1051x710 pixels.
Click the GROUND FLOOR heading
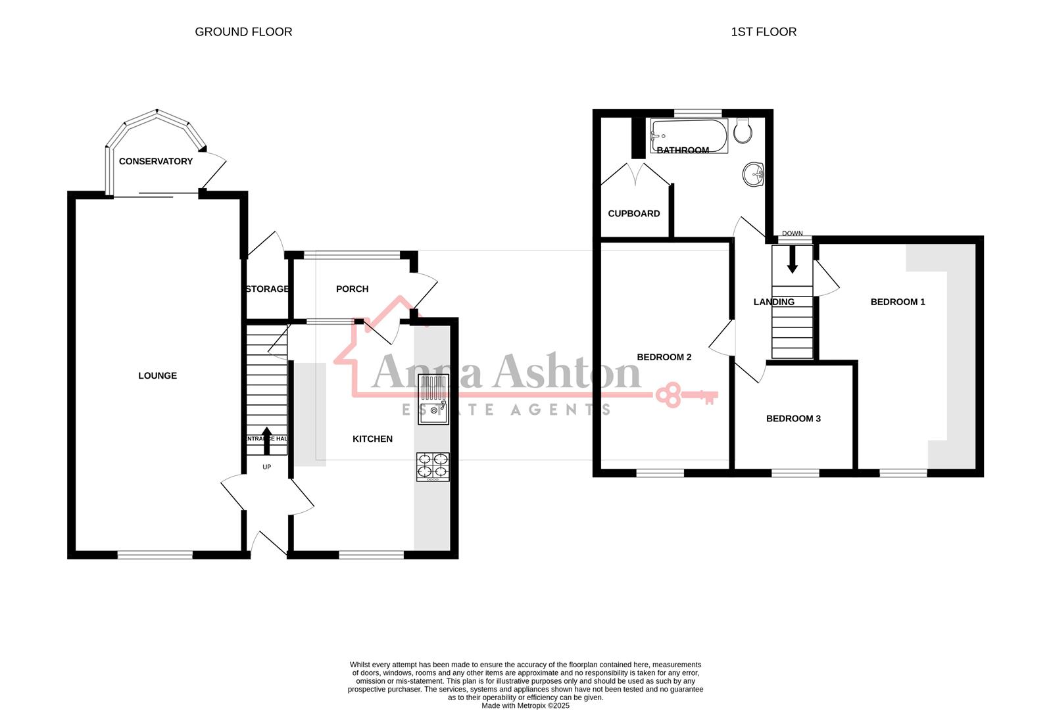243,32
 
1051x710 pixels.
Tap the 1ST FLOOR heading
763,32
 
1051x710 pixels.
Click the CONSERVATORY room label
156,161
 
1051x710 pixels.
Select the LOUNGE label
157,375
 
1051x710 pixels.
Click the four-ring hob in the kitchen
433,466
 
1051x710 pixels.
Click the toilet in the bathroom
743,131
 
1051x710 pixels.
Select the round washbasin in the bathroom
753,175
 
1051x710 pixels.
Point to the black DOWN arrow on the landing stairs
792,262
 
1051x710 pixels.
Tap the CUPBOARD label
633,214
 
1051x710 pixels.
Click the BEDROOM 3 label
793,419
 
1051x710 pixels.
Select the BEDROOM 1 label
898,302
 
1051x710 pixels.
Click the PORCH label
352,289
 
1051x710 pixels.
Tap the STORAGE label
266,289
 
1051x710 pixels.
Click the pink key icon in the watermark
687,396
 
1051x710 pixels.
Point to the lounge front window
155,555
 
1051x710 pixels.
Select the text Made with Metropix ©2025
525,705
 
